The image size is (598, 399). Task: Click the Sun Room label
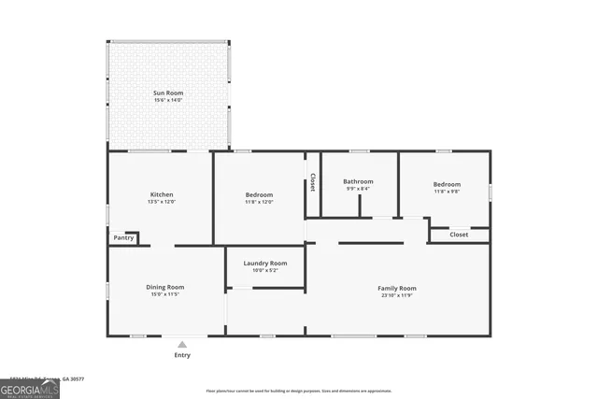click(x=168, y=93)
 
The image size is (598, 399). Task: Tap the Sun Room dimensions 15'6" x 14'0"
click(x=168, y=101)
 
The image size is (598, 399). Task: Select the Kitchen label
click(x=162, y=193)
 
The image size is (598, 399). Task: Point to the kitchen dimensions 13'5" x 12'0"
click(x=162, y=202)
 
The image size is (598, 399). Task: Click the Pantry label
click(x=123, y=238)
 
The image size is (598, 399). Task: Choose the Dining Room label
click(x=164, y=286)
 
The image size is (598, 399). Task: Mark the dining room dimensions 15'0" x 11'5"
click(x=164, y=294)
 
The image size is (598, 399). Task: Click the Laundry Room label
click(x=265, y=264)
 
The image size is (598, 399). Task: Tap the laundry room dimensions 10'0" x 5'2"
click(x=265, y=272)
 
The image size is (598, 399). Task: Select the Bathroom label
click(x=358, y=181)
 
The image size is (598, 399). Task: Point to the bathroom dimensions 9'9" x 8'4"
click(x=358, y=189)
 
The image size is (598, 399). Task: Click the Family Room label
click(x=396, y=288)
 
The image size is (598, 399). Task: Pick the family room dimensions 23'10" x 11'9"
click(x=396, y=296)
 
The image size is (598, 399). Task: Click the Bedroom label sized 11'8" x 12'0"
click(x=259, y=193)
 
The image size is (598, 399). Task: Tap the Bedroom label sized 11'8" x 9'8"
click(x=447, y=184)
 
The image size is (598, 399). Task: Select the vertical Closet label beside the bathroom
click(x=313, y=182)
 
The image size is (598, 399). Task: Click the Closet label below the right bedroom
click(x=459, y=235)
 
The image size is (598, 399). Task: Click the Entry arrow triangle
click(x=182, y=344)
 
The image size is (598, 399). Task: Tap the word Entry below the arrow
click(x=182, y=355)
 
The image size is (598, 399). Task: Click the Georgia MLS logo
click(x=30, y=388)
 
